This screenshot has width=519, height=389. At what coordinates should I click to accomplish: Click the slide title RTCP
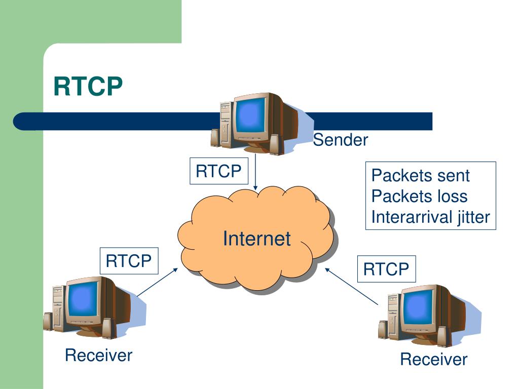[x=88, y=86]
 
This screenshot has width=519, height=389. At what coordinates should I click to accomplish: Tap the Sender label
[x=340, y=140]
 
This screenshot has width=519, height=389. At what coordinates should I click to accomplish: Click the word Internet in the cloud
[x=257, y=239]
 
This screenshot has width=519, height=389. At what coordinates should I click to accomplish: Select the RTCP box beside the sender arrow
[x=219, y=171]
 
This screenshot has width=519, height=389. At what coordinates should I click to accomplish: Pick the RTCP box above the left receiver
[x=129, y=261]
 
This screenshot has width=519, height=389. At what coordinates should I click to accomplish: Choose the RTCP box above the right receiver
[x=386, y=269]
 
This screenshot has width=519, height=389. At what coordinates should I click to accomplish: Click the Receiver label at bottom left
[x=99, y=355]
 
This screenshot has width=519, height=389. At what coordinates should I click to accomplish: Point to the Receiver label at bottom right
[x=434, y=359]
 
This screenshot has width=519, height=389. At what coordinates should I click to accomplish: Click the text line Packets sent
[x=420, y=175]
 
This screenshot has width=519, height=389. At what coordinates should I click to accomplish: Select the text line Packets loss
[x=419, y=196]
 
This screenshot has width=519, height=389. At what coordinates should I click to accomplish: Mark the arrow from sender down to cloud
[x=255, y=172]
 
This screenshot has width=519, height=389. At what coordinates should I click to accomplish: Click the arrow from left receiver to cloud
[x=158, y=282]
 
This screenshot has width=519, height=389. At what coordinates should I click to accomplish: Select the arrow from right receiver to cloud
[x=351, y=286]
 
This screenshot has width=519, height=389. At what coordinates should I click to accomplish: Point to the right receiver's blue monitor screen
[x=418, y=307]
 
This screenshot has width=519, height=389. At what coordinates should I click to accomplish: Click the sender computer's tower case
[x=226, y=125]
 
